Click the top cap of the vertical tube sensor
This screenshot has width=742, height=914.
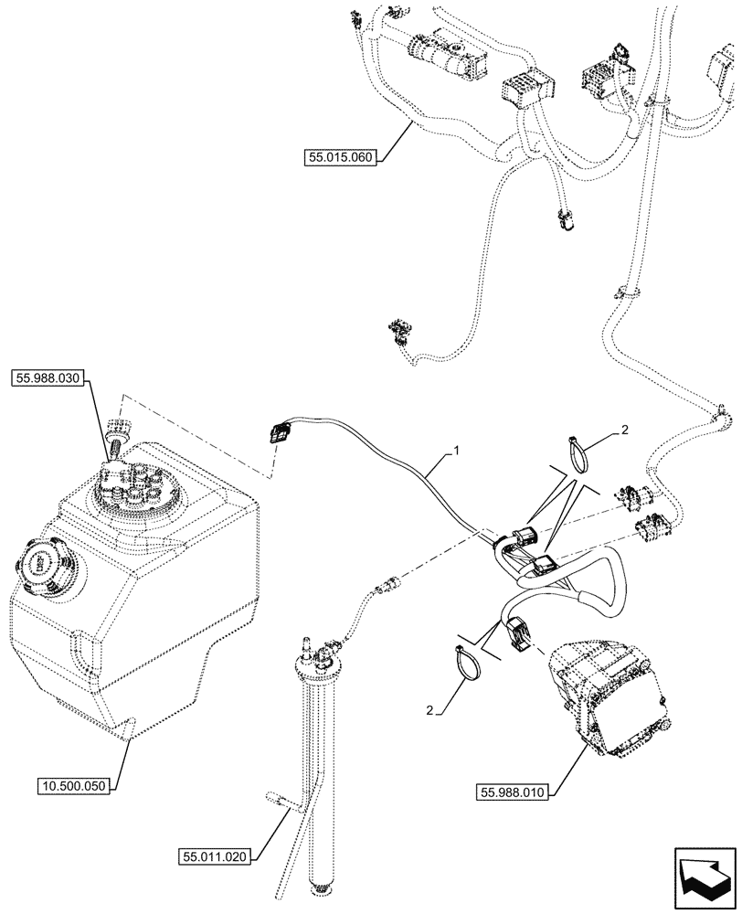312,653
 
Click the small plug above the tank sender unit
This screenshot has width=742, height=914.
115,430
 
